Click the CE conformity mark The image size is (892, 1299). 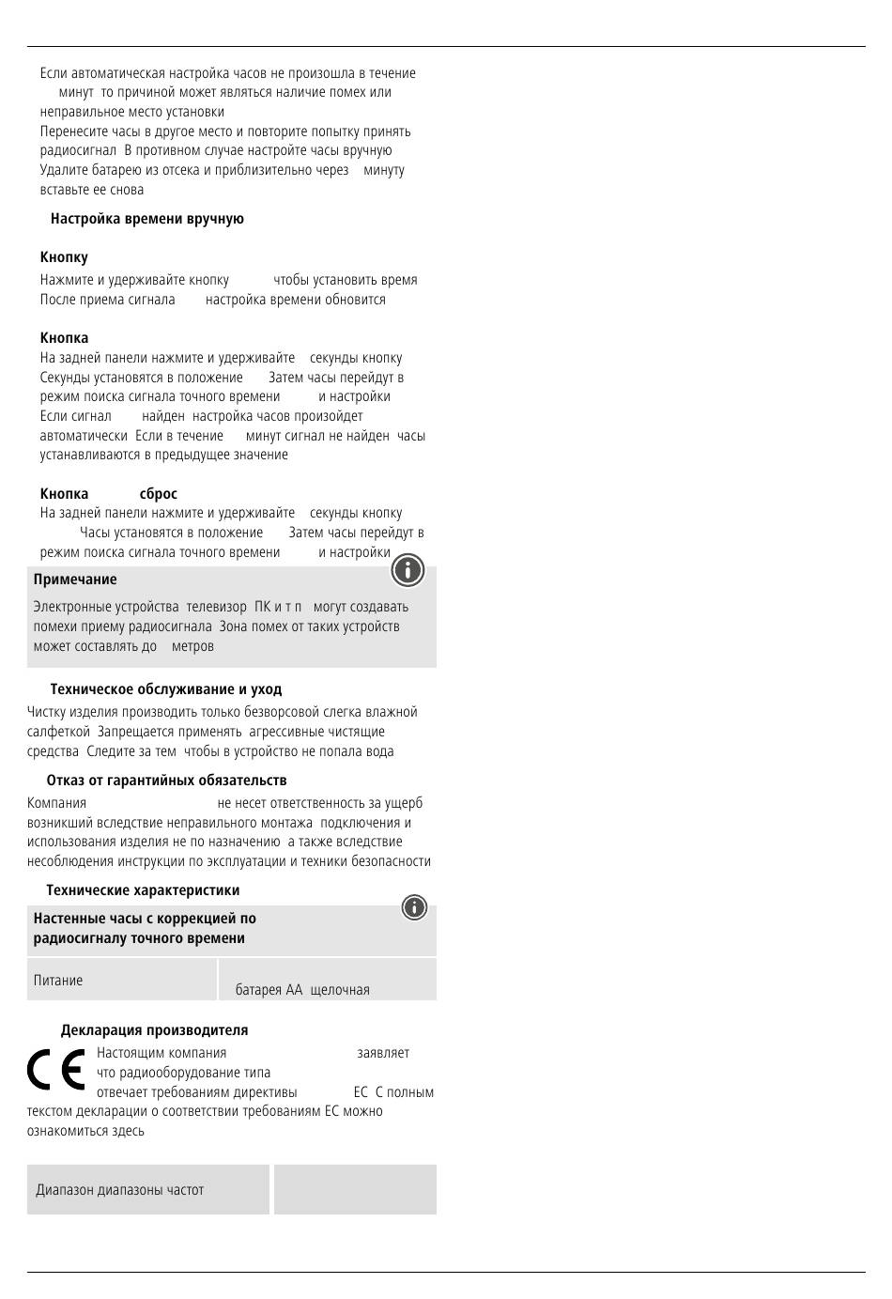click(x=56, y=1070)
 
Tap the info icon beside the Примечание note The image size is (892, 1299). click(x=408, y=570)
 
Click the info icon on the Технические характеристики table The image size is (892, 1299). click(x=414, y=907)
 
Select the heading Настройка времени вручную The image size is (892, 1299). click(x=147, y=219)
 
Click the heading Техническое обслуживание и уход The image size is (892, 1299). click(x=166, y=689)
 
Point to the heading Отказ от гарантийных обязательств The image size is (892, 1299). click(x=166, y=781)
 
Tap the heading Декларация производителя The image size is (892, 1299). click(x=155, y=1030)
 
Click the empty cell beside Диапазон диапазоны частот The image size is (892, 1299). click(x=355, y=1189)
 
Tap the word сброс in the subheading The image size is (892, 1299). click(x=158, y=494)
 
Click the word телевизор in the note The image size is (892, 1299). click(x=216, y=607)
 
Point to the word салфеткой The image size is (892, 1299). click(x=58, y=732)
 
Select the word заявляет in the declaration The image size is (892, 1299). click(x=383, y=1053)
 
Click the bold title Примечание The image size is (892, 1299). click(x=75, y=580)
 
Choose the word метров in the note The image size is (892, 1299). click(x=192, y=646)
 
